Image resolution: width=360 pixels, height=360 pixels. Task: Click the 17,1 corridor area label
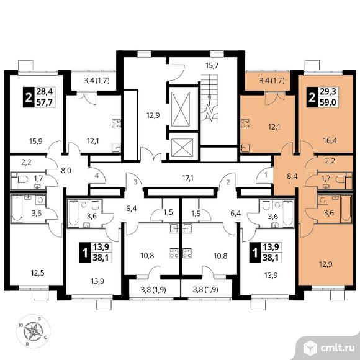(187, 178)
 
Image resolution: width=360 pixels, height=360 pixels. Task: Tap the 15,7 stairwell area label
(212, 65)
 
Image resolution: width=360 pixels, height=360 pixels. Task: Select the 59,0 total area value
(328, 102)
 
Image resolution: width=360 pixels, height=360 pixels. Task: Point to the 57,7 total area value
(45, 102)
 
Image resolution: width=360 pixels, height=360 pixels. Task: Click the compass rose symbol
(33, 331)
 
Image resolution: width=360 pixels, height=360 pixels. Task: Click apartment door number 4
(97, 176)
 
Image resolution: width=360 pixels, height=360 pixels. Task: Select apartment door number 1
(266, 175)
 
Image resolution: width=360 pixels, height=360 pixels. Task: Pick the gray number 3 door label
(136, 182)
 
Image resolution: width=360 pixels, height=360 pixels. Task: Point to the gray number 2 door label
(228, 182)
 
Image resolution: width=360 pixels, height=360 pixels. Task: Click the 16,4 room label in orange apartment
(330, 140)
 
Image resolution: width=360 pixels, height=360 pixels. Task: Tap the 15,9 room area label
(36, 141)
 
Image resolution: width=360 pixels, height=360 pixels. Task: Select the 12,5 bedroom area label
(38, 273)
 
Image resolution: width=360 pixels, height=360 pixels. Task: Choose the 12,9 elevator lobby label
(153, 115)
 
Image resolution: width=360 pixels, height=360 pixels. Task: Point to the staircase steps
(209, 96)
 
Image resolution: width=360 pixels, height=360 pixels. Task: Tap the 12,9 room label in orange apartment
(326, 264)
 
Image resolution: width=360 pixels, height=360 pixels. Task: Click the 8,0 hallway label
(66, 171)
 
